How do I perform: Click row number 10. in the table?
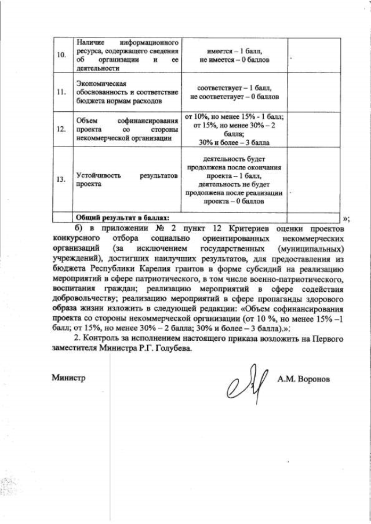point(60,55)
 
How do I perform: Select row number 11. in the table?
point(60,92)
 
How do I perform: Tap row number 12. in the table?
point(60,129)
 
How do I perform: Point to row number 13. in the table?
point(60,179)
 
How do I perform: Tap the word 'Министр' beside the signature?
point(68,379)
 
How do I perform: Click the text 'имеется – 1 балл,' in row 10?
point(235,51)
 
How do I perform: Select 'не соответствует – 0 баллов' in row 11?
point(235,97)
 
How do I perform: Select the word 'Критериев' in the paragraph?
point(239,229)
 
